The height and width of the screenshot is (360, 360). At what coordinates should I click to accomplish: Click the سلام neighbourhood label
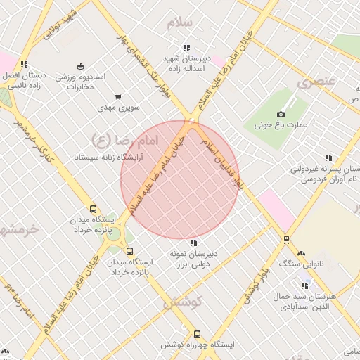180,22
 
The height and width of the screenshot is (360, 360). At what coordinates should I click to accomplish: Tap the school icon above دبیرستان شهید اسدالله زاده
186,48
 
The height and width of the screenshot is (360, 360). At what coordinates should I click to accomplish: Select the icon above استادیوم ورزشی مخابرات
79,65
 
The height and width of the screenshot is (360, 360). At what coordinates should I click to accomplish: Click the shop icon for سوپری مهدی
117,98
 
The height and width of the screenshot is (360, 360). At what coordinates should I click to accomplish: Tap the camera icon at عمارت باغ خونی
281,114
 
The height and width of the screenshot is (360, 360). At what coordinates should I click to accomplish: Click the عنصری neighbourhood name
312,82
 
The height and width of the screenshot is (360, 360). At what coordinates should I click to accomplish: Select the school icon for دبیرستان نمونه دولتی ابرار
194,243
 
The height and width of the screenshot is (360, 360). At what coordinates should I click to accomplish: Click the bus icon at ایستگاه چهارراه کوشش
197,335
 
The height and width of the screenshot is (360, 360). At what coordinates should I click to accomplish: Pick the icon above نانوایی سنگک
302,253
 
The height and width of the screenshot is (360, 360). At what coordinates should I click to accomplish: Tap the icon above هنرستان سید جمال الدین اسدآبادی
304,285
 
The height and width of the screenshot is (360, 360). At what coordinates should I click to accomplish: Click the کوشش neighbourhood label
183,303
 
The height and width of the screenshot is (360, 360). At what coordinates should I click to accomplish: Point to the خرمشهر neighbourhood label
15,229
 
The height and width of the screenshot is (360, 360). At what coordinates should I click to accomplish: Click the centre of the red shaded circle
180,180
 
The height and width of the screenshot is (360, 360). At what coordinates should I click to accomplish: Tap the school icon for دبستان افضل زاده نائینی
25,64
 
